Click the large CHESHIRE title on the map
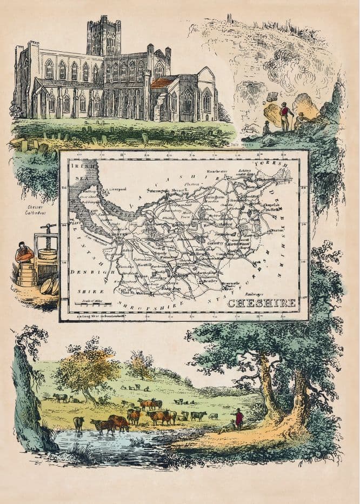(261, 303)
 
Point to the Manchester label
(230, 171)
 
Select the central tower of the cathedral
(103, 35)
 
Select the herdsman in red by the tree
(238, 418)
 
